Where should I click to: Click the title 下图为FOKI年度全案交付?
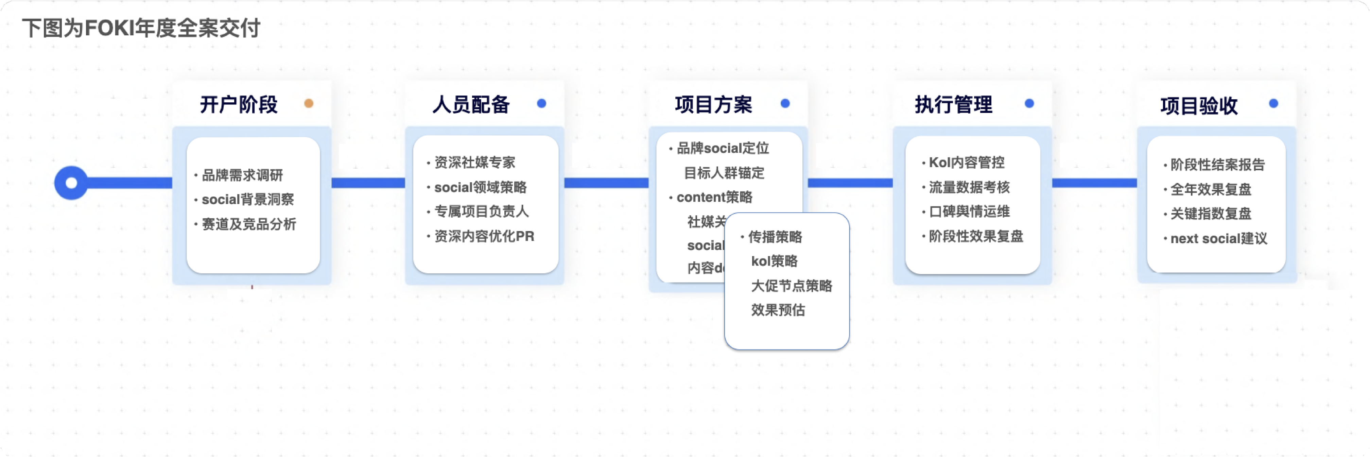141,28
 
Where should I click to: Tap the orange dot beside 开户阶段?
309,103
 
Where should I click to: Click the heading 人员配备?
471,104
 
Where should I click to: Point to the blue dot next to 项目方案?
785,103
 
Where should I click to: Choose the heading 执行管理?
954,104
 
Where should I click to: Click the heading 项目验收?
1199,105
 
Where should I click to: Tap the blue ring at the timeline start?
71,183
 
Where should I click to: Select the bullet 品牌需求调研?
243,175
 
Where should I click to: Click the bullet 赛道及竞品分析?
249,224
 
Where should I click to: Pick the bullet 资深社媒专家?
475,162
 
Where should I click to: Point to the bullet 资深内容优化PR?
484,236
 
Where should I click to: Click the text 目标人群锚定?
724,173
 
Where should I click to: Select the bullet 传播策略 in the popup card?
775,237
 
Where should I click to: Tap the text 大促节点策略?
791,286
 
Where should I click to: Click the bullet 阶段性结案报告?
1217,164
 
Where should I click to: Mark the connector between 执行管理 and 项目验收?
1094,183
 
